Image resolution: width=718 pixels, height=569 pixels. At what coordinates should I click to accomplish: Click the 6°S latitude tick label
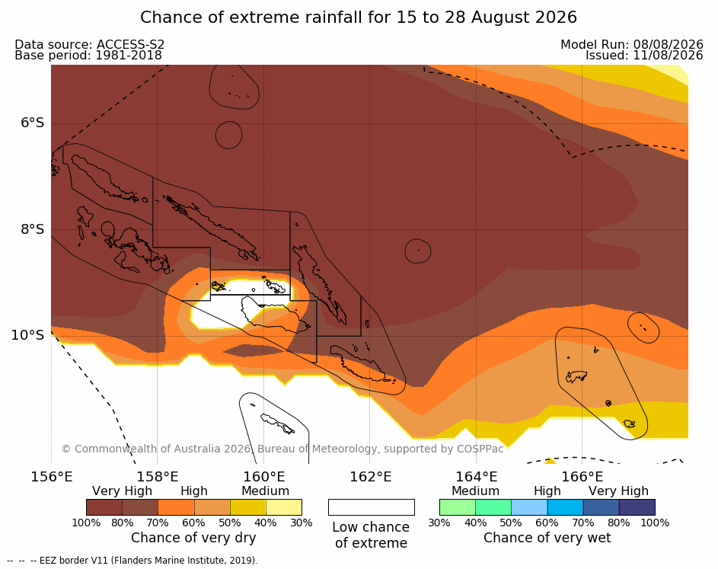coord(33,123)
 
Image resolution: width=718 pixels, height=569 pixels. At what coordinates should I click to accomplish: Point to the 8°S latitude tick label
coord(33,229)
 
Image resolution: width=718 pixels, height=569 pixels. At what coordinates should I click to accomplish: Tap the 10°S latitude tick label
coord(28,335)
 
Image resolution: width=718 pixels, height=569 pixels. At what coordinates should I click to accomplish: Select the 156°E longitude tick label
coord(51,477)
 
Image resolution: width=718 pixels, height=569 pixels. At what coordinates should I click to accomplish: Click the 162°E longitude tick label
coord(371,477)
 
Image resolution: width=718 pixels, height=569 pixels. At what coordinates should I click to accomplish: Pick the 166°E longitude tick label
coord(582,477)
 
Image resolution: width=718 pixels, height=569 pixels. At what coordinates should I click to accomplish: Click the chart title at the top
coord(359,18)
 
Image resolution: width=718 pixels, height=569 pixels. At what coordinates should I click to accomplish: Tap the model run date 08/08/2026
coord(668,44)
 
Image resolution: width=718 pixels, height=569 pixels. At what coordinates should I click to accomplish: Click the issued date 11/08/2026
coord(668,56)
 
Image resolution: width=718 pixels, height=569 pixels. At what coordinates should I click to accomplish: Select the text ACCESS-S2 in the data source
coord(130,44)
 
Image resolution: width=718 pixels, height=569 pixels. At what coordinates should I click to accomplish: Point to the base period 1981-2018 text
coord(88,56)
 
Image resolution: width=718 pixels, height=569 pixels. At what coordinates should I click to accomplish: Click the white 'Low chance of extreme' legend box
coord(372,507)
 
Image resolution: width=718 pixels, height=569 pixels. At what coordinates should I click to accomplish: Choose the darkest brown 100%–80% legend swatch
coord(104,507)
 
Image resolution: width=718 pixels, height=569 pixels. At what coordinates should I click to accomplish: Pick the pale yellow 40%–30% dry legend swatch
coord(284,507)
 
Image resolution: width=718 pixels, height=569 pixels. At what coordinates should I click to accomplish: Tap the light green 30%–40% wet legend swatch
coord(458,507)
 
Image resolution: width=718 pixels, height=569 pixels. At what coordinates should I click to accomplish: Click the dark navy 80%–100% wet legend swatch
coord(637,507)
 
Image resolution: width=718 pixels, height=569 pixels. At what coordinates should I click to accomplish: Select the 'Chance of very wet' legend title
coord(547,538)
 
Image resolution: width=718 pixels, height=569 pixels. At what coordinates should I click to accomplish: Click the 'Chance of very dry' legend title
coord(193,538)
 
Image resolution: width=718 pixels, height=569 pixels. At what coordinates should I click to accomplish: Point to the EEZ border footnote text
coord(132,561)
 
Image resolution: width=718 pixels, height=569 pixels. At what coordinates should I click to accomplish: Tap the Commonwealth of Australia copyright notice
coord(282,449)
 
